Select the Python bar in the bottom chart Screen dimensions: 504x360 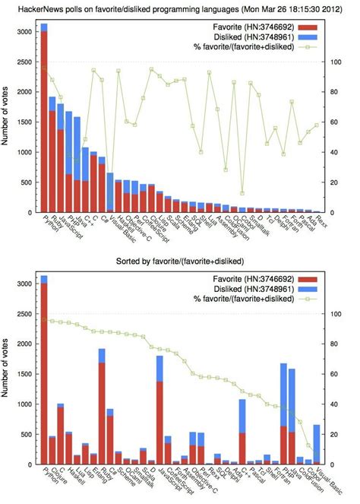point(44,372)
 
